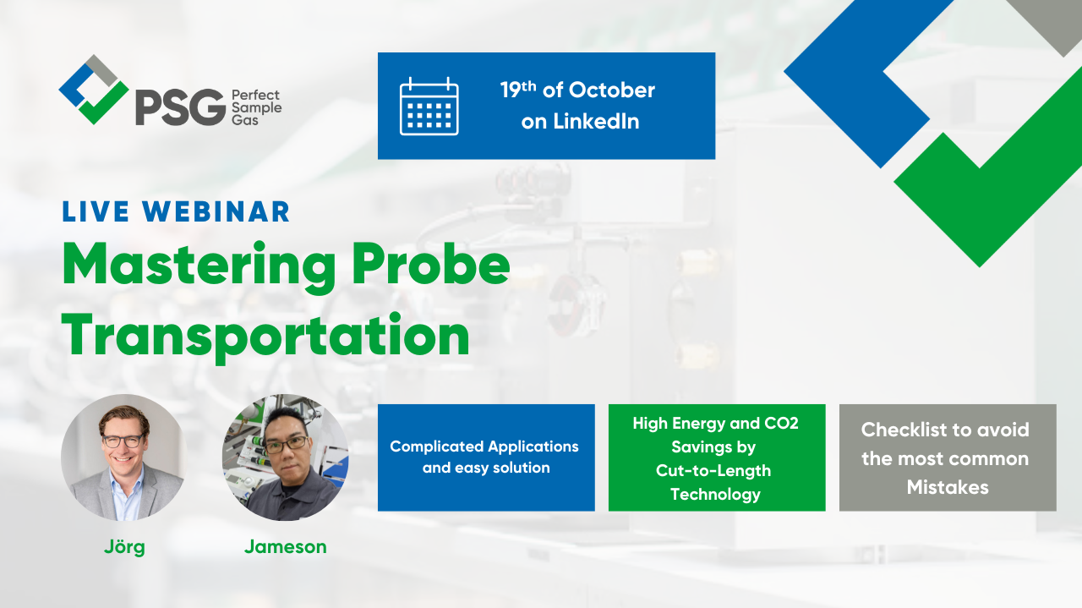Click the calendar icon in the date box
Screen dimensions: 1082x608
tap(429, 106)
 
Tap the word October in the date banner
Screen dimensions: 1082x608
tap(611, 90)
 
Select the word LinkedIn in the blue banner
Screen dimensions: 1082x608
tap(596, 121)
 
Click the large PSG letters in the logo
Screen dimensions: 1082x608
tap(181, 107)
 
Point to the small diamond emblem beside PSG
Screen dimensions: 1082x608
tap(94, 90)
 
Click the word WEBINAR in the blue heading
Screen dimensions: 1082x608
tap(216, 211)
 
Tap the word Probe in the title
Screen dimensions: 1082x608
tap(431, 263)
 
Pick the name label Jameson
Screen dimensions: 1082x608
tap(286, 547)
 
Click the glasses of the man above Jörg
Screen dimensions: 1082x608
tap(123, 441)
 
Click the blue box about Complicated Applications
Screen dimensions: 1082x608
tap(486, 457)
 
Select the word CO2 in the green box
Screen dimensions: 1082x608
tap(781, 424)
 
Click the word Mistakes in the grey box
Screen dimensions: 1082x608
tap(948, 487)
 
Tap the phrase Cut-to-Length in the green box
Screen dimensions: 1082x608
tap(713, 470)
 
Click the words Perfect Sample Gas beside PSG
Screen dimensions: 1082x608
tap(256, 107)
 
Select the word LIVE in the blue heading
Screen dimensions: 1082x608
tap(96, 211)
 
